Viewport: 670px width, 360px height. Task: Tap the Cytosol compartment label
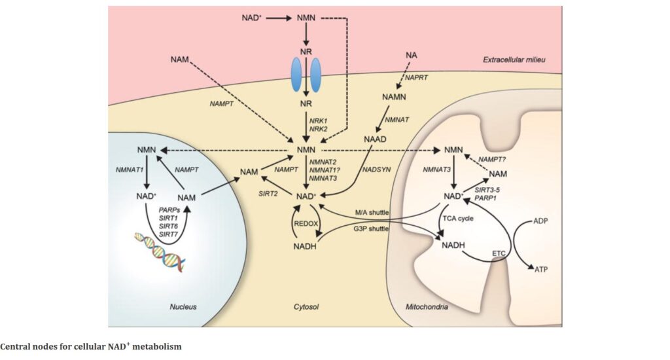coord(308,306)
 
